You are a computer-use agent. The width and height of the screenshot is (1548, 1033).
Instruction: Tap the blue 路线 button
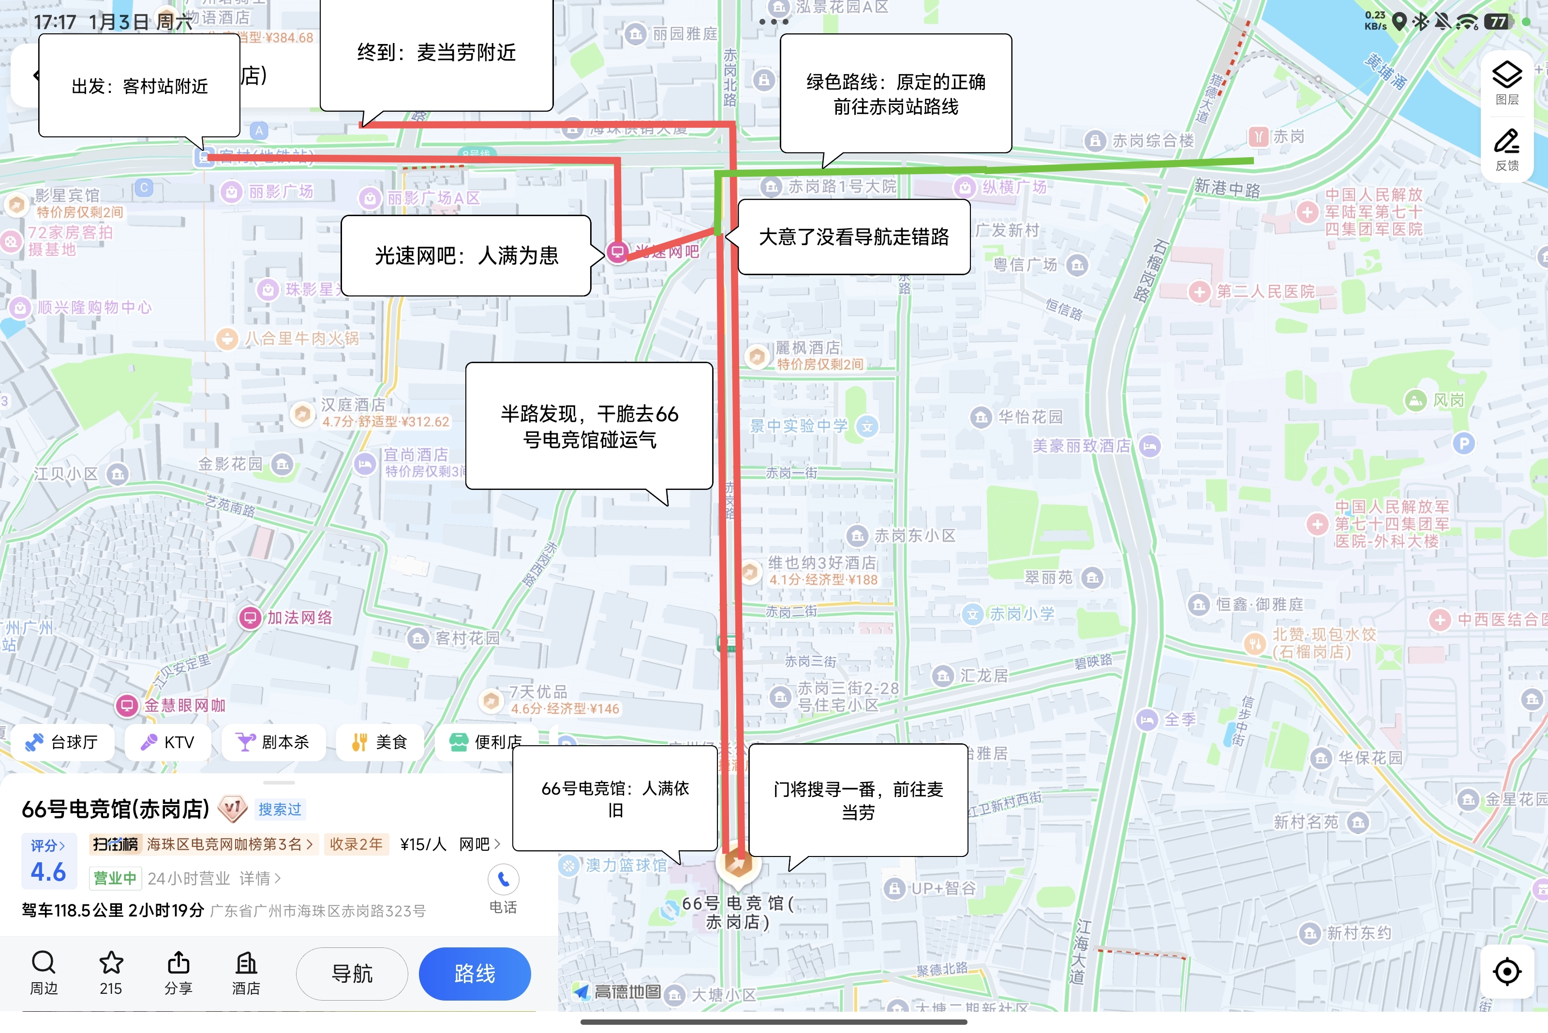[x=475, y=973]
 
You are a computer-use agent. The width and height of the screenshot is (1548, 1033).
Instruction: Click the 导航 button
[x=352, y=973]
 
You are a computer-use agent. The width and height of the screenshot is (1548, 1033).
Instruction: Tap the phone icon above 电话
[x=503, y=880]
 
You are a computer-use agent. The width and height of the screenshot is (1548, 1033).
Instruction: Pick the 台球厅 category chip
[x=62, y=742]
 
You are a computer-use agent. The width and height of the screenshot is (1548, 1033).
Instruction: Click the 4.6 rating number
[x=48, y=871]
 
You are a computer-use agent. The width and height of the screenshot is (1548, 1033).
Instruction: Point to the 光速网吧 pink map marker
[x=617, y=251]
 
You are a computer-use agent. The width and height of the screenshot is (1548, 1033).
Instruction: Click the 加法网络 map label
[x=298, y=617]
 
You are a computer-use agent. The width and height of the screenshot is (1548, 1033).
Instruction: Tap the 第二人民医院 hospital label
[x=1265, y=291]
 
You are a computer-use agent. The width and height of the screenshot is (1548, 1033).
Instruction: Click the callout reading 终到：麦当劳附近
[x=436, y=53]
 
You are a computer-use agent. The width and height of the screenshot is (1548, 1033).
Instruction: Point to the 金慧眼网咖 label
[x=184, y=706]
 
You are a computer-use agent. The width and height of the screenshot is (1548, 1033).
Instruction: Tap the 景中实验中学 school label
[x=799, y=426]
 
